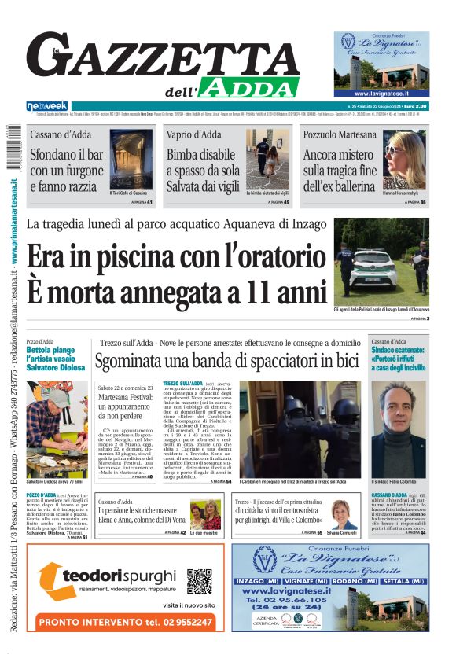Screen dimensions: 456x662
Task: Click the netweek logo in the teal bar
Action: pyautogui.click(x=46, y=106)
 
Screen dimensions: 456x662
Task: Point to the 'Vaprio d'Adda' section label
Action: pyautogui.click(x=193, y=134)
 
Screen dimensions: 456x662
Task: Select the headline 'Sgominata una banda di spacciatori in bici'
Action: pyautogui.click(x=226, y=362)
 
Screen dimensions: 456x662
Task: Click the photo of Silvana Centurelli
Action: pyautogui.click(x=344, y=516)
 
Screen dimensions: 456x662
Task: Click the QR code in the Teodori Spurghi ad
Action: pyautogui.click(x=199, y=581)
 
